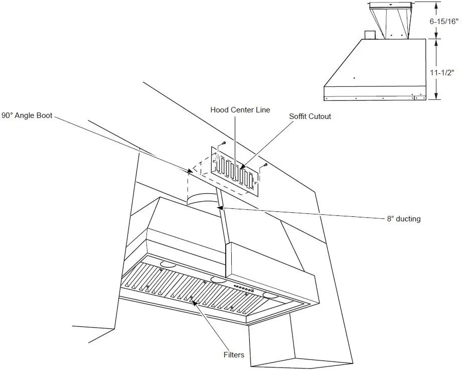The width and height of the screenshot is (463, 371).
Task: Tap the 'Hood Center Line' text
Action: point(240,110)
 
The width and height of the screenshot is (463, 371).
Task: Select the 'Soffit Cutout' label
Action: point(310,116)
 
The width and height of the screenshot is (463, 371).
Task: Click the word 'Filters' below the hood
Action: point(234,355)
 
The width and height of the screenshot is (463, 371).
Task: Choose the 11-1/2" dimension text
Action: point(442,72)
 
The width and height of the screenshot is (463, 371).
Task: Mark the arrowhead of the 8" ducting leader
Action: point(218,206)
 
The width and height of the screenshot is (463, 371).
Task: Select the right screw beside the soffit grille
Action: point(265,165)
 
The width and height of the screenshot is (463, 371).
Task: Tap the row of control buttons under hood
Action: point(243,289)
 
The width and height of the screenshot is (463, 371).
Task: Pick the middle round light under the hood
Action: point(218,279)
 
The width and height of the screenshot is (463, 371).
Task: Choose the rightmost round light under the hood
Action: point(271,295)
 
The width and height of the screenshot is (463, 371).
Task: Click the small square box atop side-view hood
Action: point(370,35)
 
